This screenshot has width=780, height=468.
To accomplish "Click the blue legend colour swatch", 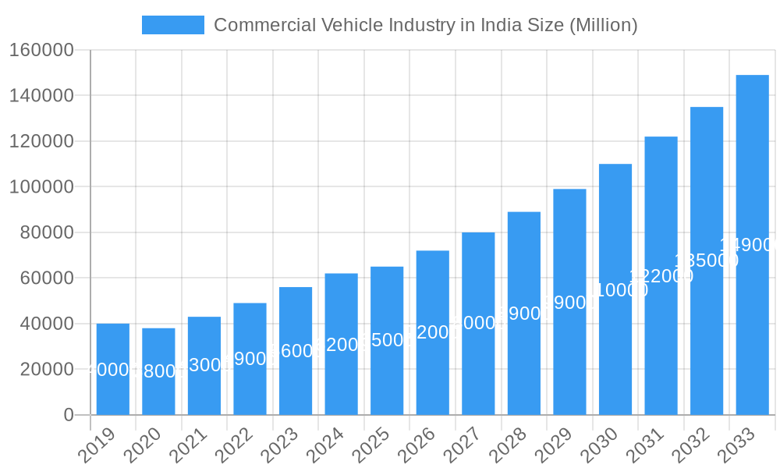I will (x=172, y=25).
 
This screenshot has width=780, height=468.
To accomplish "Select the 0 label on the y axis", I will (x=69, y=415).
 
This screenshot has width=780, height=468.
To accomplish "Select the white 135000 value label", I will (x=707, y=261).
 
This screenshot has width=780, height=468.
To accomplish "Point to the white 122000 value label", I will (x=661, y=275).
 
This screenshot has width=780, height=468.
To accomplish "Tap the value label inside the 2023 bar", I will (x=296, y=351).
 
